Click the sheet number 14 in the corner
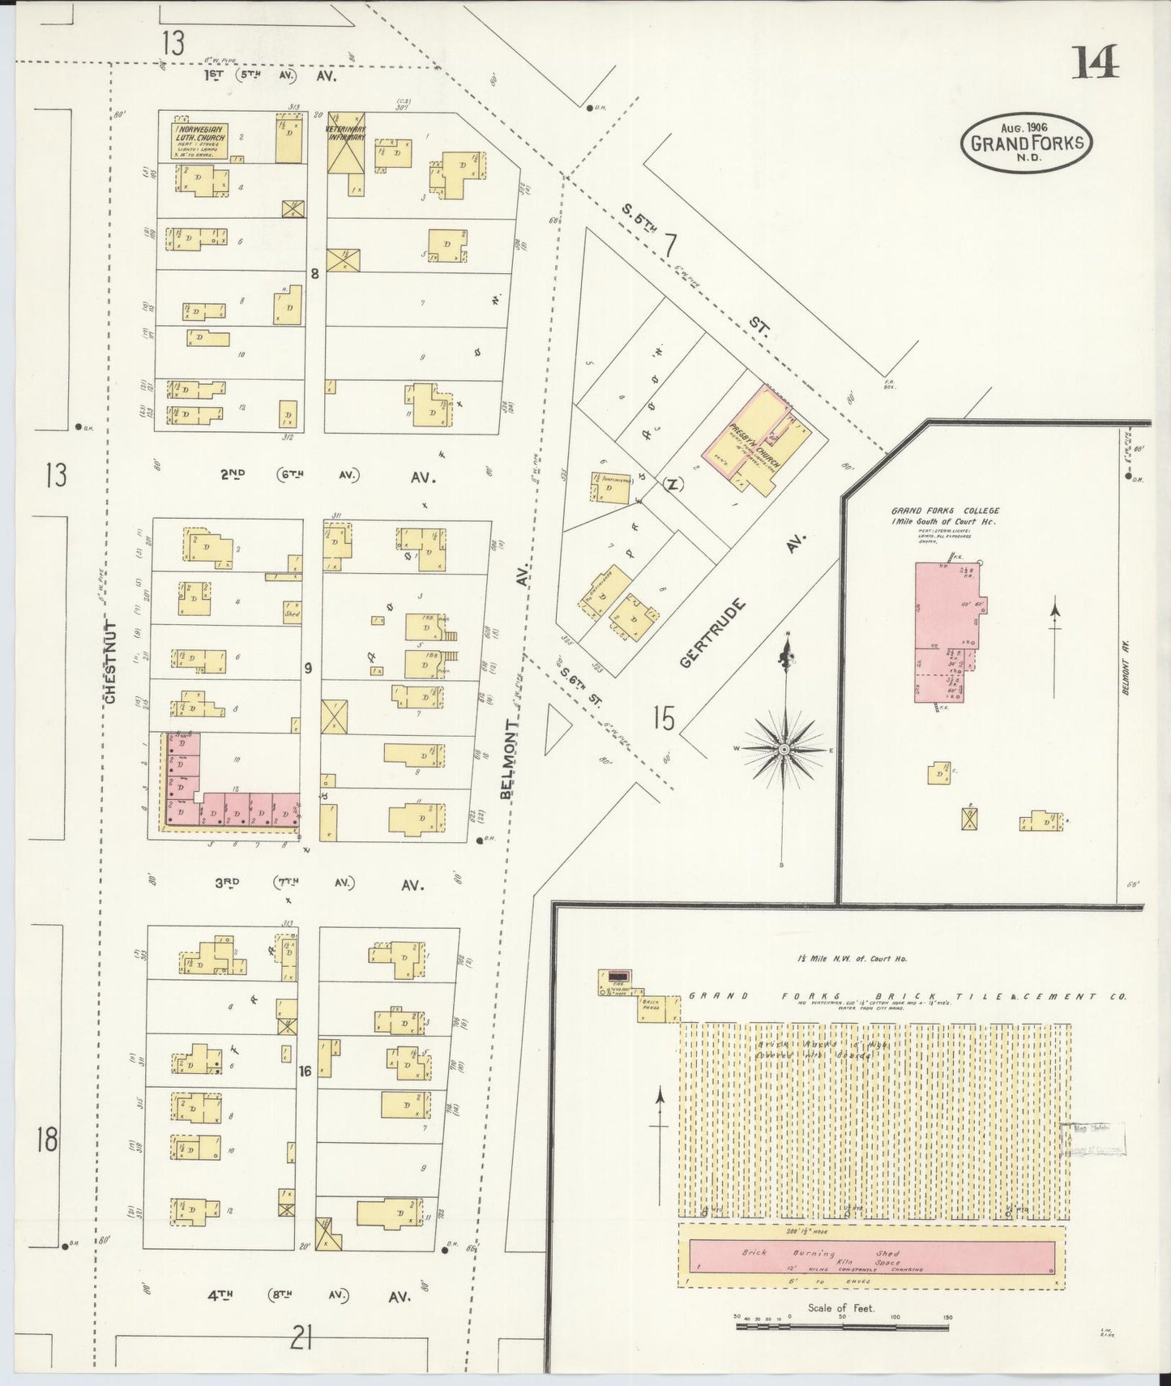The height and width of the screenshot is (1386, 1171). [x=1096, y=62]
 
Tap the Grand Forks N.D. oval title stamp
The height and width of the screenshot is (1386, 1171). [x=1026, y=143]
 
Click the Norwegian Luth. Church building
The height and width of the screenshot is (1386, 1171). [x=201, y=138]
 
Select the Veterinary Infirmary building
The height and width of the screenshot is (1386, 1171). [x=346, y=142]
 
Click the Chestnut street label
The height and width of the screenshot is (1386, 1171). [x=111, y=662]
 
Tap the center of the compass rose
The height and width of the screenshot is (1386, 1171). [x=784, y=751]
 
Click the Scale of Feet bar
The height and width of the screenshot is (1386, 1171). [x=842, y=1327]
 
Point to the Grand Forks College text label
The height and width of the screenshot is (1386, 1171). [x=945, y=516]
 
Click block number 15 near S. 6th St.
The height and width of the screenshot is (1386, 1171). [x=664, y=718]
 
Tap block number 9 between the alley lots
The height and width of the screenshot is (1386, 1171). [x=308, y=669]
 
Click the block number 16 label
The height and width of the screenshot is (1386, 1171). [x=305, y=1071]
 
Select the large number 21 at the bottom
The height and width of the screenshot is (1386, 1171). [x=301, y=1340]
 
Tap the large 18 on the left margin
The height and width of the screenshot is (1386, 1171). [x=46, y=1140]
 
